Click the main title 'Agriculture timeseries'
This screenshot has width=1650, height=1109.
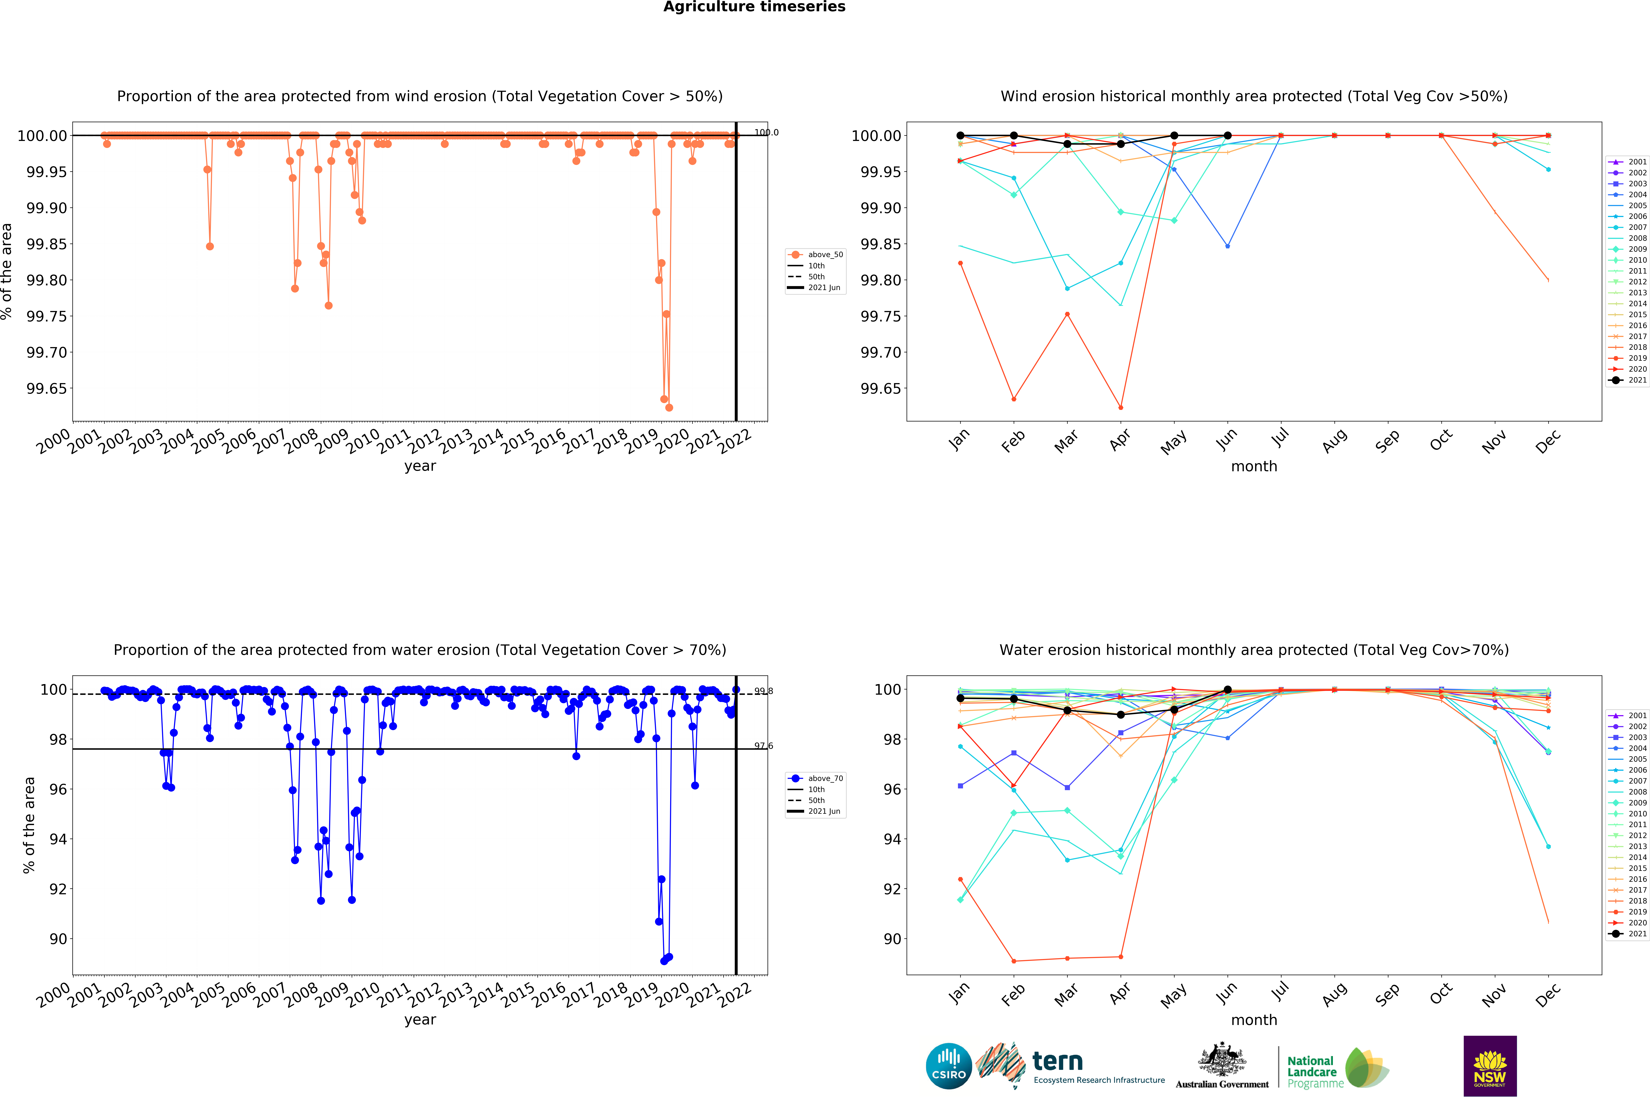pos(754,7)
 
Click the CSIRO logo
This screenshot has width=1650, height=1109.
pos(948,1066)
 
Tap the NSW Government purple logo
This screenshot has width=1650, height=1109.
pos(1489,1066)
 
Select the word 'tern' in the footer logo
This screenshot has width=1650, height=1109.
pos(1057,1061)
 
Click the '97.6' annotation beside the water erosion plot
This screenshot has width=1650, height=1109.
pos(763,746)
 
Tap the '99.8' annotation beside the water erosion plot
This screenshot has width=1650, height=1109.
pos(763,691)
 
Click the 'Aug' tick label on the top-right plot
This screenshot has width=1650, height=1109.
pos(1334,441)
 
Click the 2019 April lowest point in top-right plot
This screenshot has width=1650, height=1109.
pos(1120,407)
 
